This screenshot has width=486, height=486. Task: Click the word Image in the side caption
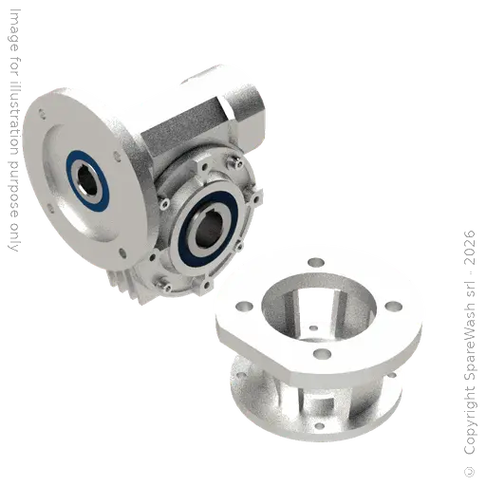point(14,30)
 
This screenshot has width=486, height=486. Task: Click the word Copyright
point(470,421)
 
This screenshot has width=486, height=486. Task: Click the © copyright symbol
point(469,472)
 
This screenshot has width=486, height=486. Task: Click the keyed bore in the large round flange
point(87,181)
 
